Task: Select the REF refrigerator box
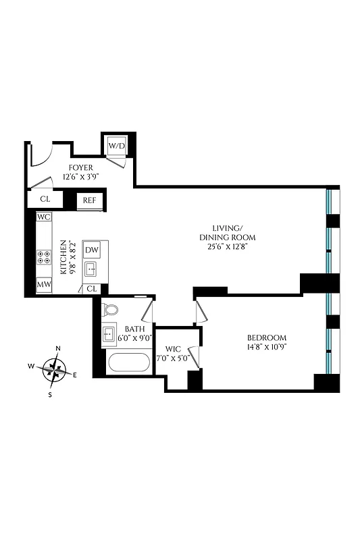pos(90,200)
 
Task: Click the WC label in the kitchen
pos(45,217)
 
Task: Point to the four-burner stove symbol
pos(45,256)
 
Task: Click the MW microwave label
pos(45,285)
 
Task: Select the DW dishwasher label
pos(92,250)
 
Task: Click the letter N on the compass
pos(58,349)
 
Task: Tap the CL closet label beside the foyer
pos(44,200)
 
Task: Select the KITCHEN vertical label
pos(65,257)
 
